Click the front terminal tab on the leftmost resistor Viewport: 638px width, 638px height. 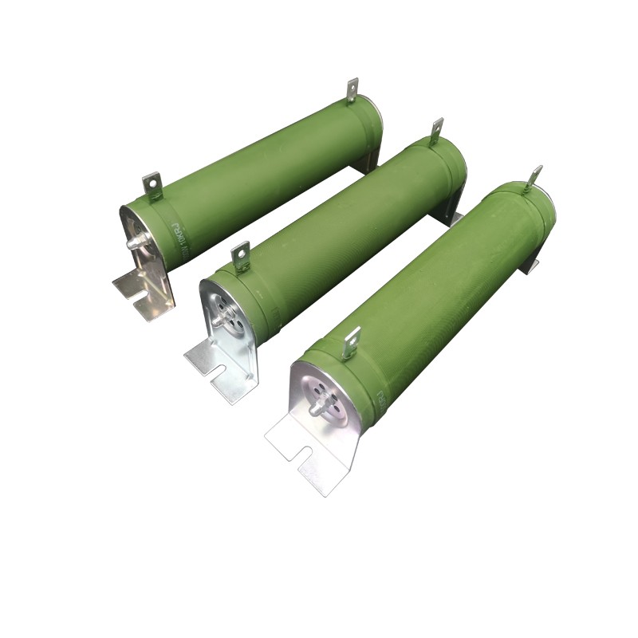(x=152, y=185)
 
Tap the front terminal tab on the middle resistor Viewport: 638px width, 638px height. (x=240, y=256)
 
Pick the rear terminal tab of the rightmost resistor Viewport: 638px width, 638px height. (x=533, y=177)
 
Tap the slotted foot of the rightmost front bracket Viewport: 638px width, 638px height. (x=307, y=455)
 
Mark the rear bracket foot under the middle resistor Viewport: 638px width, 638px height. (x=452, y=214)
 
